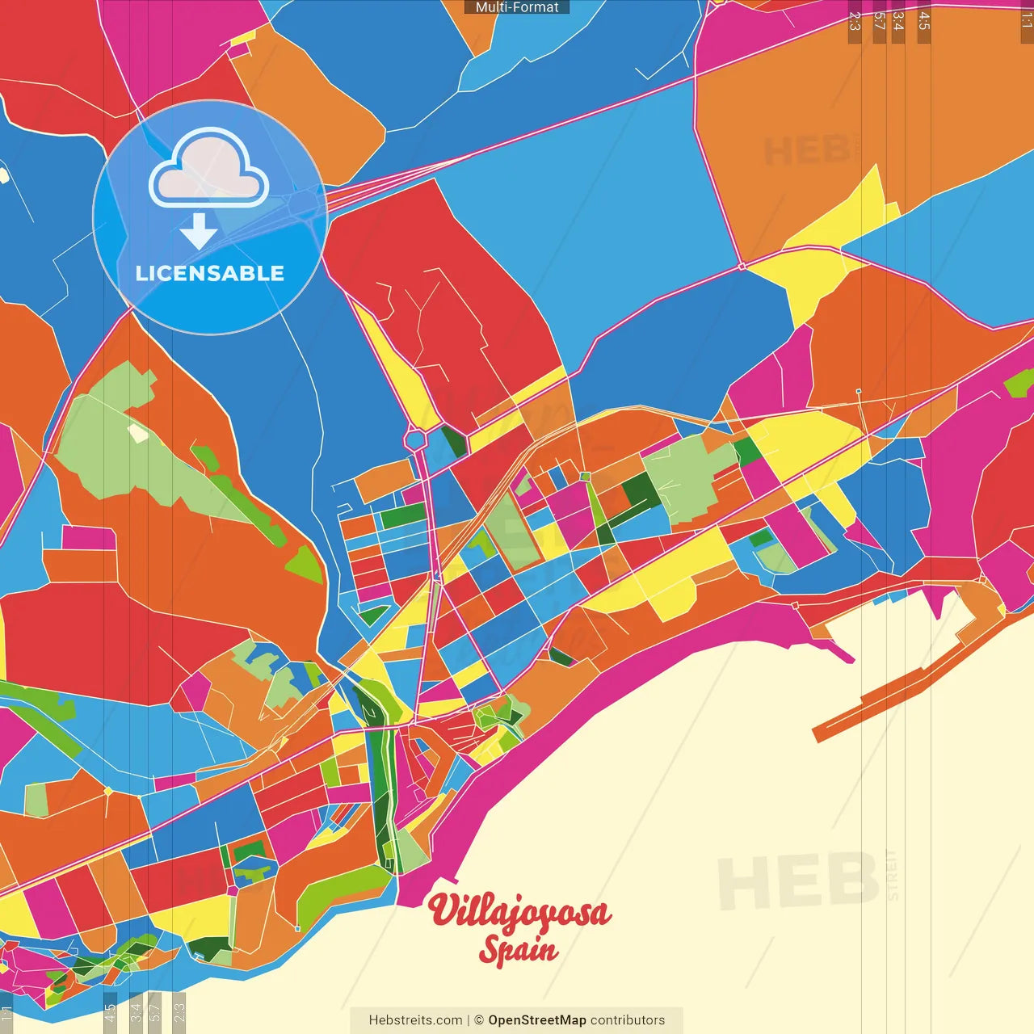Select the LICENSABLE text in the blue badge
tap(209, 273)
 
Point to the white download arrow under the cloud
tap(199, 232)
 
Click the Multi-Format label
tap(517, 7)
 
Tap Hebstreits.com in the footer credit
tap(415, 1020)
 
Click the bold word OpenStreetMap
tap(537, 1020)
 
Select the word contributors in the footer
tap(628, 1020)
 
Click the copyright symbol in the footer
tap(478, 1020)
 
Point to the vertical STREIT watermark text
tap(892, 875)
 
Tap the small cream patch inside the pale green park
tap(138, 433)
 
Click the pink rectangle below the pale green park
tap(88, 537)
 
